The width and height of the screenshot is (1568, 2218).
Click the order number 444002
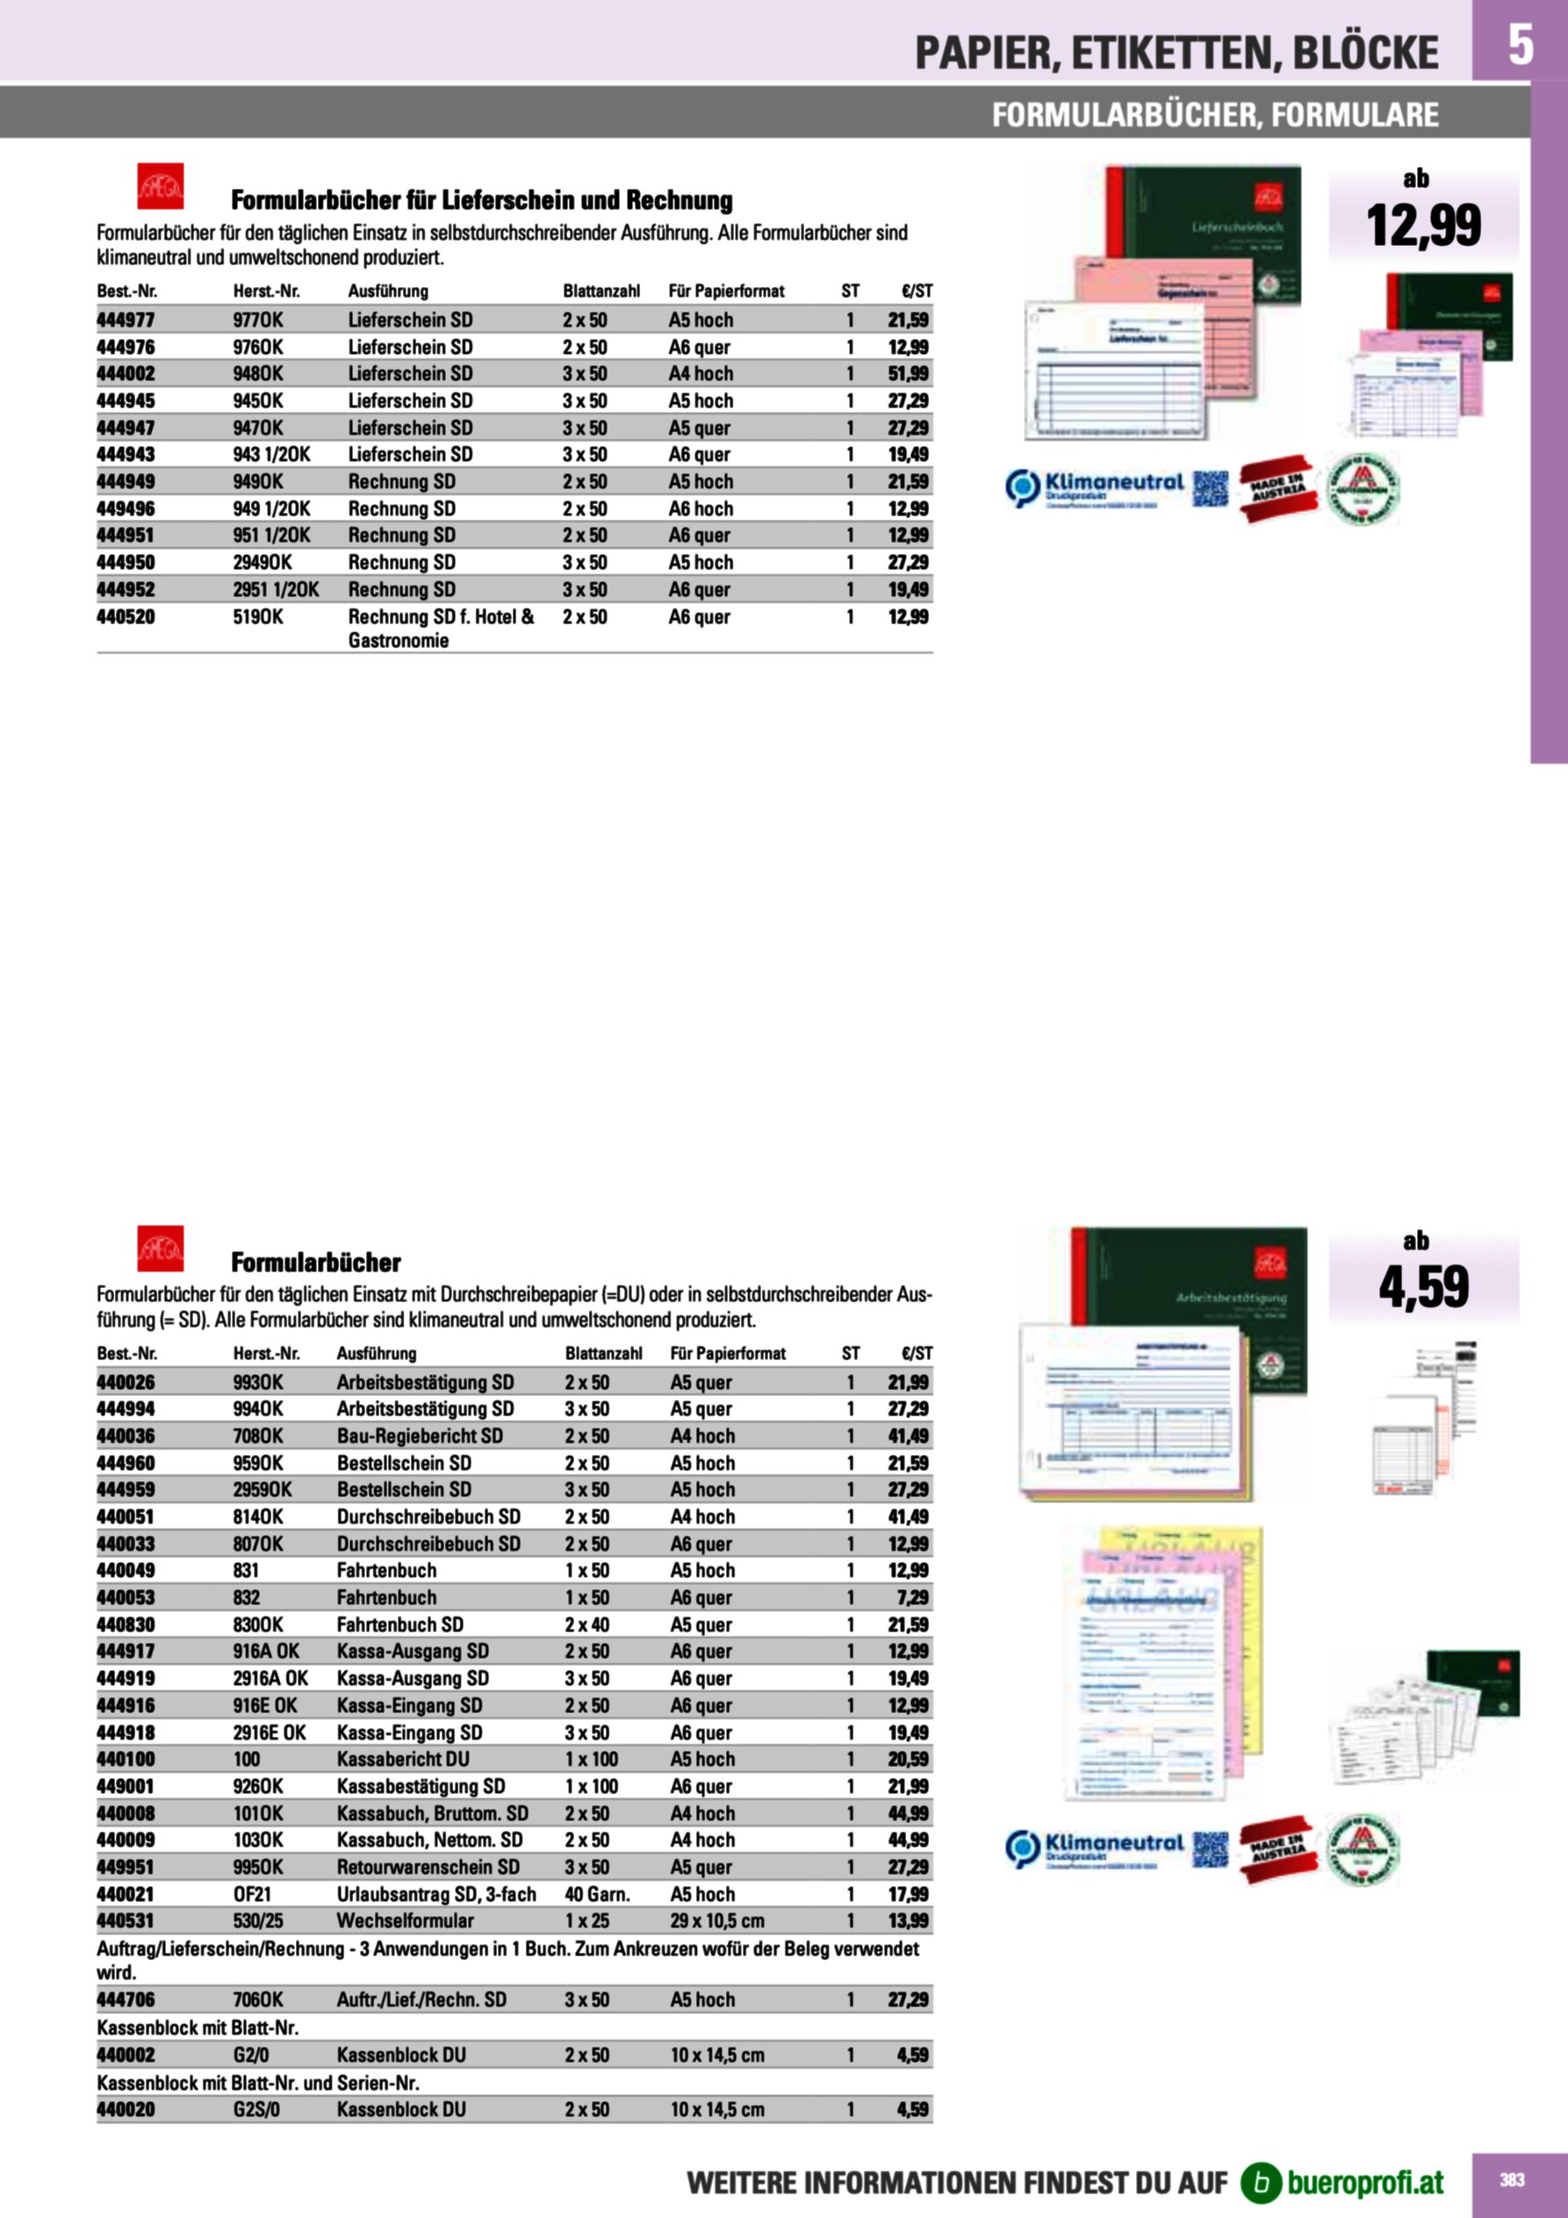click(126, 374)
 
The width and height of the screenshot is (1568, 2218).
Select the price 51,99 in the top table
click(908, 374)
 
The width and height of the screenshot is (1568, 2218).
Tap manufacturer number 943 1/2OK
click(271, 454)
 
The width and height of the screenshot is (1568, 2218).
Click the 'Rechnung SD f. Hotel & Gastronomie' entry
click(441, 628)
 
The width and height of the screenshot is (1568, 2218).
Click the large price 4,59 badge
click(1423, 1286)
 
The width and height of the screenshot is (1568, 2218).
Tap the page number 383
click(1512, 2180)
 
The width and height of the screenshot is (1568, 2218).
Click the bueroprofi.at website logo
click(1343, 2182)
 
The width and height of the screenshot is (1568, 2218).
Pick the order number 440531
click(126, 1920)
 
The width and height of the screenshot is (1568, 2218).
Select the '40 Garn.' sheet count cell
click(597, 1894)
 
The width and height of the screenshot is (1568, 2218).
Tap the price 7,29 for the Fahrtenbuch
click(912, 1598)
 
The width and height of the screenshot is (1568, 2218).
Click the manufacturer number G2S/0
click(256, 2109)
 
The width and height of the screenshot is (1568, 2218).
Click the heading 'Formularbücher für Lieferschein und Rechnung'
click(481, 201)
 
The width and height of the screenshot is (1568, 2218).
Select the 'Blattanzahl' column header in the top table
click(601, 291)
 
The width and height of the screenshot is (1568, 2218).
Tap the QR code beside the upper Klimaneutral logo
click(1210, 488)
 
